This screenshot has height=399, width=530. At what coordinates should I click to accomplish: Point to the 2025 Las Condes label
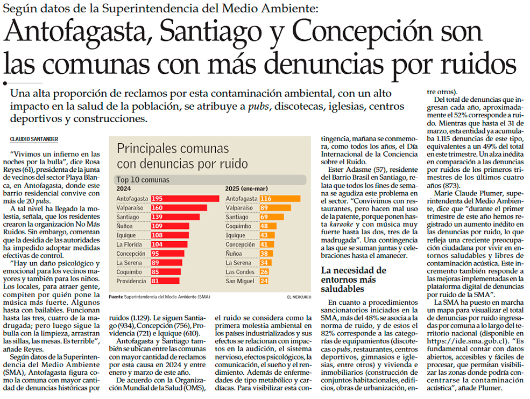pos(239,272)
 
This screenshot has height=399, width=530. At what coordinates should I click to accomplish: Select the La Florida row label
pos(129,244)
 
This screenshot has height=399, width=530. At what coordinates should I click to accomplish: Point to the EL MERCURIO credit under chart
pos(298,297)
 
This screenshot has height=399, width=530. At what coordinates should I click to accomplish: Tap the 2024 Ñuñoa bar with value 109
pos(169,226)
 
